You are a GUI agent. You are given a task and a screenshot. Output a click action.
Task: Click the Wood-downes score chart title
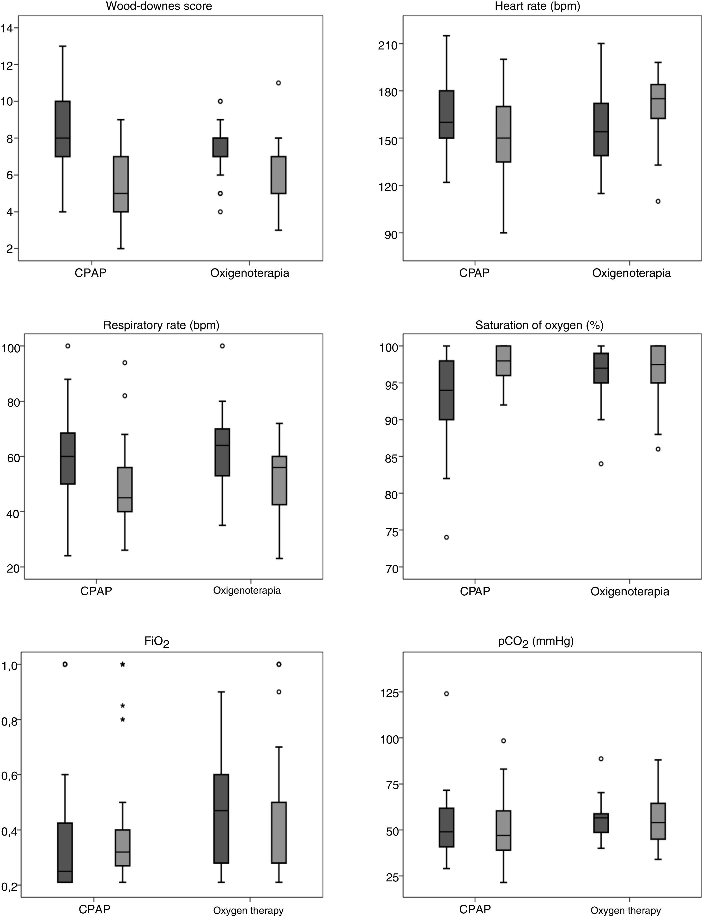(159, 6)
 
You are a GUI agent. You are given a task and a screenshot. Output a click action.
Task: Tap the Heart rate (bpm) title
(537, 6)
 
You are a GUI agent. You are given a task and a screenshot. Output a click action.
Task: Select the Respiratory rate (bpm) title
(161, 325)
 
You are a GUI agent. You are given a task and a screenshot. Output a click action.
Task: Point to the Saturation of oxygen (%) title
(539, 325)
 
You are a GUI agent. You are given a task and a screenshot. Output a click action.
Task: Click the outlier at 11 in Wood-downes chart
(278, 83)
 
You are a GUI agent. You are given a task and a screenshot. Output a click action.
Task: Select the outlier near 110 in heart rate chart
(658, 201)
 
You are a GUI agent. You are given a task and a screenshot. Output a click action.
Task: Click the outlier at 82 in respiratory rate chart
(125, 396)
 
